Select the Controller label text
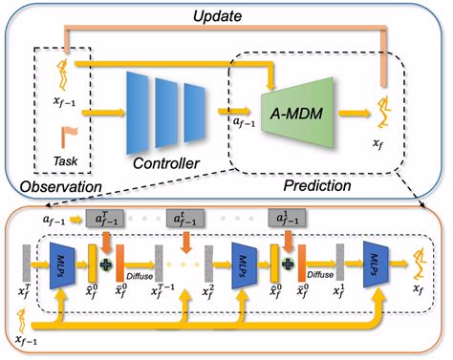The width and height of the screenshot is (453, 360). [159, 164]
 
